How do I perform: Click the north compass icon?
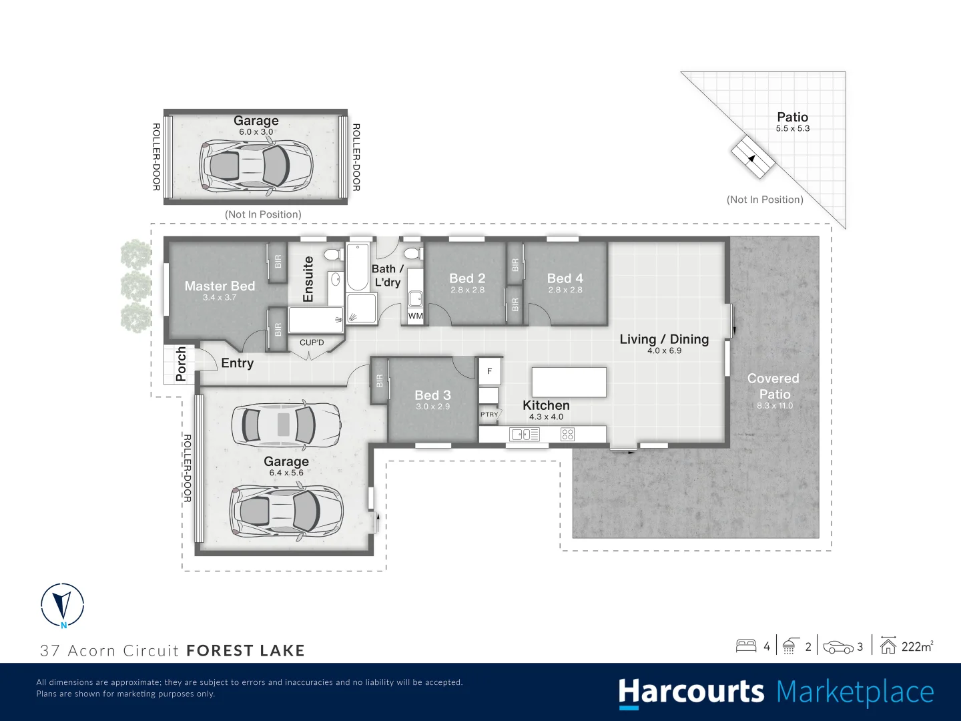tap(62, 605)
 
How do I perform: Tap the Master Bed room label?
tap(220, 286)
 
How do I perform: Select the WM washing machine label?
tap(415, 316)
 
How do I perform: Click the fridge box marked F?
tap(489, 371)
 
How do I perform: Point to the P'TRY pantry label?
tap(489, 415)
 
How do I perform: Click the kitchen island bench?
tap(569, 382)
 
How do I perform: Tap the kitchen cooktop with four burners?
tap(567, 435)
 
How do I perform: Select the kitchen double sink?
tap(525, 435)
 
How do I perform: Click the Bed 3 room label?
tap(432, 395)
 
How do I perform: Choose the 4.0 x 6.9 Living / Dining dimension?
tap(664, 350)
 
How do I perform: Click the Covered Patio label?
tap(773, 387)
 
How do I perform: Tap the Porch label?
tap(181, 364)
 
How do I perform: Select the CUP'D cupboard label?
tap(312, 342)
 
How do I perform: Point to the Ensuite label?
tap(308, 279)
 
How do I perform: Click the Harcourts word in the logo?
tap(691, 692)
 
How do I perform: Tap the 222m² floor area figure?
tap(917, 646)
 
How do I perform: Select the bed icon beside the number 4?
tap(745, 646)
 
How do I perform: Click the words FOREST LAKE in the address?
tap(245, 650)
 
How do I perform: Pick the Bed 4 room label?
tap(565, 278)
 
